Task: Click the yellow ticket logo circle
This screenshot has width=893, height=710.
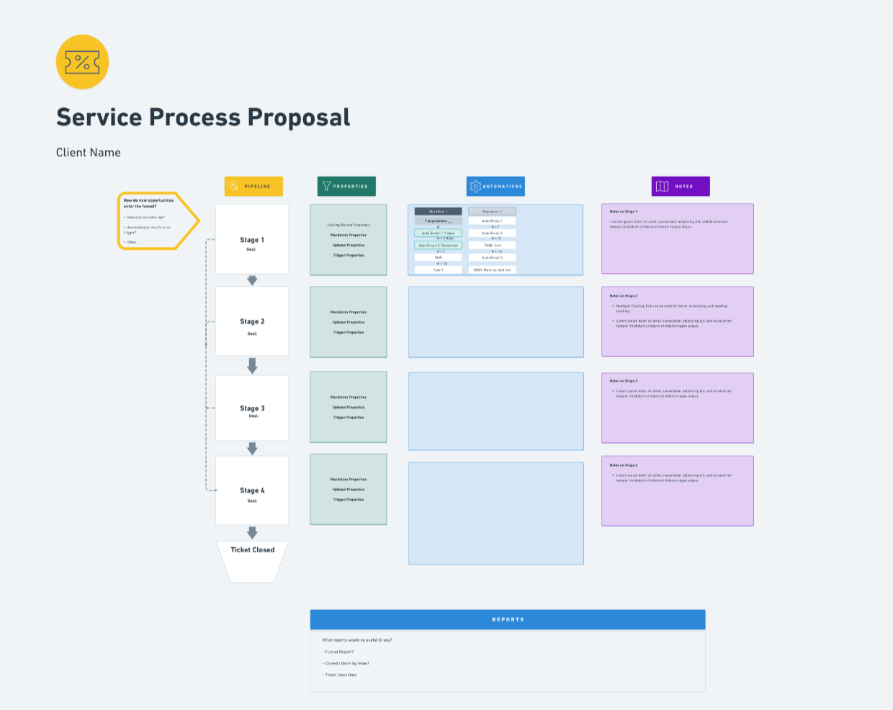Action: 82,62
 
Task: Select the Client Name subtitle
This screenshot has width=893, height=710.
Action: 89,153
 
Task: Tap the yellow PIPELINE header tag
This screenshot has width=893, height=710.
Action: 253,187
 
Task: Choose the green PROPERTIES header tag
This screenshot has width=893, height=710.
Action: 346,187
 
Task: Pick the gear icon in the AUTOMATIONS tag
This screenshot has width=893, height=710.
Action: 475,187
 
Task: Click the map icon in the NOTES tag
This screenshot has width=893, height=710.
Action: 663,187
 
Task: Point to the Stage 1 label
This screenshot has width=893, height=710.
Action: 252,240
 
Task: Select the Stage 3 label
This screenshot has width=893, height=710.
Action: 252,408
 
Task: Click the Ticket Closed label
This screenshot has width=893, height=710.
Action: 252,550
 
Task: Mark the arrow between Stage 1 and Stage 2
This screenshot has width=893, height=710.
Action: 252,280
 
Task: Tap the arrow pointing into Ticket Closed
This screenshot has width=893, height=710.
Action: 252,533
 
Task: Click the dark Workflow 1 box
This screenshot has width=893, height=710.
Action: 438,212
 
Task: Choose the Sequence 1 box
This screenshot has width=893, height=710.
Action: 492,212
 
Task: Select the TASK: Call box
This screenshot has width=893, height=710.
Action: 492,246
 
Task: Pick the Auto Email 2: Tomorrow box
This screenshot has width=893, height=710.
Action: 438,246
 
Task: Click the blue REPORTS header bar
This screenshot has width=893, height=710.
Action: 508,619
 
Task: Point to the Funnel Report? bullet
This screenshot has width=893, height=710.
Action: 338,652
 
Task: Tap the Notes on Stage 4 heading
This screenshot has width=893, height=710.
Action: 624,465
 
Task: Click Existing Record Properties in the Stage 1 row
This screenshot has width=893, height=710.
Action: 349,225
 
